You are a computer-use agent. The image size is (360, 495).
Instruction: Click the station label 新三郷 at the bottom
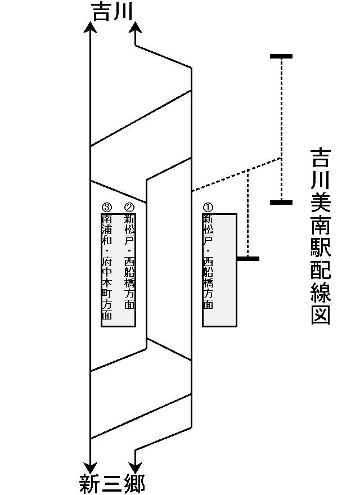coord(112,484)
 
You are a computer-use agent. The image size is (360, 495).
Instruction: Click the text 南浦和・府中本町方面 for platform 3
coord(107,267)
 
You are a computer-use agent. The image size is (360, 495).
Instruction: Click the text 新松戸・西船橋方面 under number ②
coord(129,262)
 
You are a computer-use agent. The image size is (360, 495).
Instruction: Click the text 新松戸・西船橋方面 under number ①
coord(208,262)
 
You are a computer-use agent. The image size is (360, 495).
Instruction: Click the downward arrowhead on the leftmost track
coord(90,467)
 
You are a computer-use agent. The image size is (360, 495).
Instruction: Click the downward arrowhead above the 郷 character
coord(135,467)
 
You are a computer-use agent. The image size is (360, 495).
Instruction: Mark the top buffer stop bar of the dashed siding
coord(281,56)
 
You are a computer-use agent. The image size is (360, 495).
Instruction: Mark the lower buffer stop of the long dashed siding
coord(281,202)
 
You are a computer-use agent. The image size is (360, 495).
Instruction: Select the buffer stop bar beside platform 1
coord(248,259)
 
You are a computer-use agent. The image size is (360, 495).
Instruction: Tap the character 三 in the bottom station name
coord(112,484)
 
